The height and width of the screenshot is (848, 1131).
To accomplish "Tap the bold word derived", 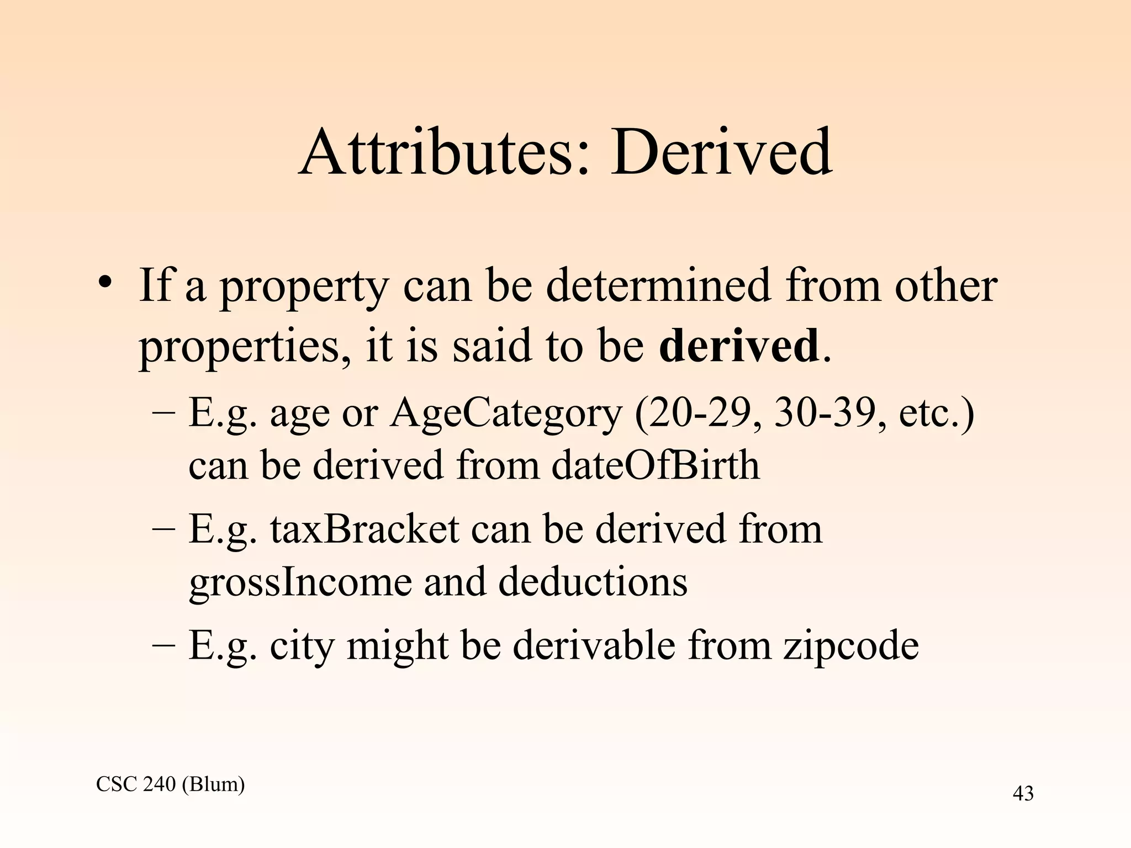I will pos(739,346).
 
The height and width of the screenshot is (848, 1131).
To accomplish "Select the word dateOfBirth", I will pos(655,465).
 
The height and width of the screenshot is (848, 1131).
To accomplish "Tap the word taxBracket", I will pos(364,529).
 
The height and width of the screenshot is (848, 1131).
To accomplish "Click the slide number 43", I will pos(1023,794).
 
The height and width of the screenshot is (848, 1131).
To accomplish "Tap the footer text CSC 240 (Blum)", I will pos(170,784).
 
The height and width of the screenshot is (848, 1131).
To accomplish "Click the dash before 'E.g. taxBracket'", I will pos(163,529).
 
